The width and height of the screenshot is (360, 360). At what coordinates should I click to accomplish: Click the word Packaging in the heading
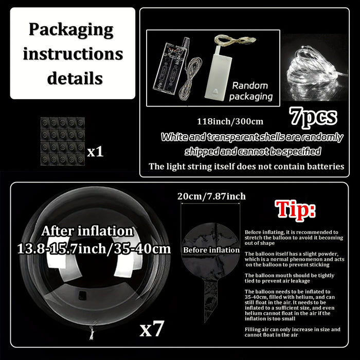tap(70, 29)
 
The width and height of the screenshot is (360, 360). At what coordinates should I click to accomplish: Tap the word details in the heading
tap(75, 79)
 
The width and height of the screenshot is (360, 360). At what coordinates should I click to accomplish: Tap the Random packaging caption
tap(250, 91)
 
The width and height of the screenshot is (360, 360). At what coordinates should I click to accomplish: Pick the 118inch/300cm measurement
tap(230, 122)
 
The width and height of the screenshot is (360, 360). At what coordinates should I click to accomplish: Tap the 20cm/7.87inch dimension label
tap(211, 196)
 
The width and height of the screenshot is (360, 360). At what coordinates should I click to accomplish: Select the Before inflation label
tap(211, 250)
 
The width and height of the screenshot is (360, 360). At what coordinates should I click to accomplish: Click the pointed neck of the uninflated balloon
tap(209, 303)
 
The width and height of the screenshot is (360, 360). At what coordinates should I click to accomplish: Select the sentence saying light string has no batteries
tap(246, 167)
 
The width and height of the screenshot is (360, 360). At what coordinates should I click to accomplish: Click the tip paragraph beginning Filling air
tap(292, 332)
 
